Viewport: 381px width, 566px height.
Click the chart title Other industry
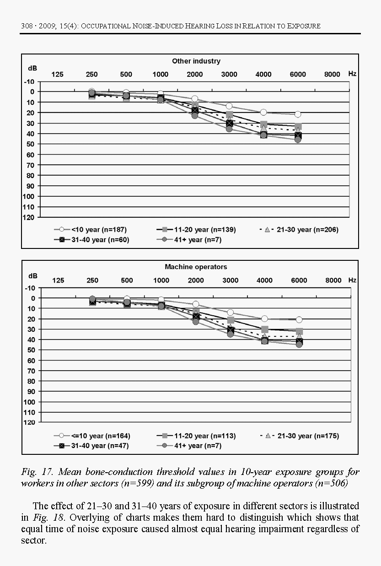point(196,61)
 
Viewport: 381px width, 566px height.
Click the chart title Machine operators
point(196,267)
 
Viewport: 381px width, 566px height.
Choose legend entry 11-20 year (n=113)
point(202,436)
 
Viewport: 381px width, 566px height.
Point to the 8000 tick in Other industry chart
point(333,75)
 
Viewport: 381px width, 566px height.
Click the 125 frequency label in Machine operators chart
point(58,280)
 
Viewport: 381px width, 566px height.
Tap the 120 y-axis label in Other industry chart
point(29,217)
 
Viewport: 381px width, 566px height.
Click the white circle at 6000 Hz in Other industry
point(298,114)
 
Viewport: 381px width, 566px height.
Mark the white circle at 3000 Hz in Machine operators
point(230,313)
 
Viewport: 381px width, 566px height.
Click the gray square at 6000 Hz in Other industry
point(298,127)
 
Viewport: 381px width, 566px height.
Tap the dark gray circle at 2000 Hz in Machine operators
point(196,322)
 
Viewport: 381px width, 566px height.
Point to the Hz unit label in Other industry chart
point(352,74)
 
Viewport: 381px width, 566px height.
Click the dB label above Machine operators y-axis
point(32,276)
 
